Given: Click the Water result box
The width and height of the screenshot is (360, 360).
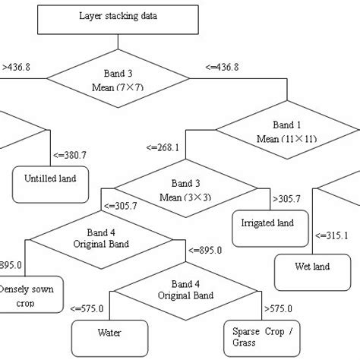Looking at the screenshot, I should click(109, 332).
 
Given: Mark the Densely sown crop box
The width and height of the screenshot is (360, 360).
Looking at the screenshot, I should click(30, 295).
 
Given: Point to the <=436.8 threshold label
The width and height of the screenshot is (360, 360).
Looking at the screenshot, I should click(222, 67).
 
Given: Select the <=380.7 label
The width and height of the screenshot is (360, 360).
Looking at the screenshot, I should click(70, 155).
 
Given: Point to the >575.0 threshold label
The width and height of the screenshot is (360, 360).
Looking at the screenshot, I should click(279, 308).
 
